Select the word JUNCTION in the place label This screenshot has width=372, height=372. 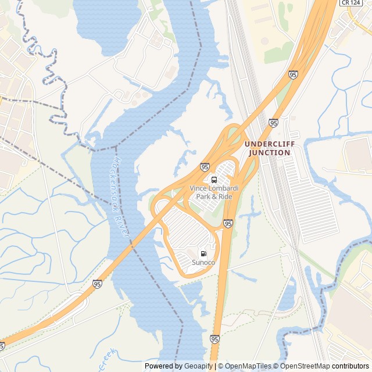tap(269, 153)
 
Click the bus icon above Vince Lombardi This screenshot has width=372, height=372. tap(214, 179)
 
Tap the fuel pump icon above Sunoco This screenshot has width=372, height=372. tap(203, 253)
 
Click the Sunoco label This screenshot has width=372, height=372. tap(203, 263)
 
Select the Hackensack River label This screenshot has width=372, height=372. tap(121, 198)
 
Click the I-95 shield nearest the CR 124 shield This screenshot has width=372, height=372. tap(293, 75)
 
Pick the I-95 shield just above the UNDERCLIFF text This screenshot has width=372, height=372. tap(273, 123)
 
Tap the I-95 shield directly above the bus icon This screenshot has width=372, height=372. tap(205, 167)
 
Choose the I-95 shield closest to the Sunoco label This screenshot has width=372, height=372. tap(228, 223)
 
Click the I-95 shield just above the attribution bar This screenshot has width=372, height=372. tap(215, 339)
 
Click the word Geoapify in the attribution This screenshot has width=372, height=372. tap(199, 366)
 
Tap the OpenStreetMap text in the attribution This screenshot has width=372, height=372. tap(306, 366)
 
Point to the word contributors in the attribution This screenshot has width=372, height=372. tap(350, 366)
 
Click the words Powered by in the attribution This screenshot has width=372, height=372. tap(163, 366)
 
